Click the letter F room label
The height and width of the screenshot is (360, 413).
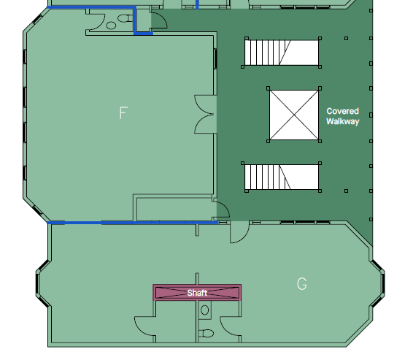(x=123, y=112)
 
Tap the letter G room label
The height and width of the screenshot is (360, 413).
(x=302, y=284)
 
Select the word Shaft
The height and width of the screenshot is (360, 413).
(x=197, y=293)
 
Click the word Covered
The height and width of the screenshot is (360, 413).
(x=342, y=111)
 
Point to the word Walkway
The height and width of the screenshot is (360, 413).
(x=343, y=121)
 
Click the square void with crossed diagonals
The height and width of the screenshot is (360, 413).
(x=294, y=115)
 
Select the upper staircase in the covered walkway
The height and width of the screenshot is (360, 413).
(x=282, y=53)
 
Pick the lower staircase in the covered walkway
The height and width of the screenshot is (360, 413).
(x=282, y=177)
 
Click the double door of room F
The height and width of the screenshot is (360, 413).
(x=205, y=115)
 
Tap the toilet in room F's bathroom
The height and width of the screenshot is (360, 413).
(x=126, y=18)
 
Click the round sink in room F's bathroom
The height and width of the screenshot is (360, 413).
(x=111, y=26)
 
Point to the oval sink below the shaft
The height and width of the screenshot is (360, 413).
(x=205, y=310)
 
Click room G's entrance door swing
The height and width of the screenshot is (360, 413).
(x=239, y=232)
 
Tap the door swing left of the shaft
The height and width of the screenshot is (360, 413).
(x=144, y=326)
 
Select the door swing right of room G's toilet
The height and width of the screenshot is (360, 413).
(x=230, y=326)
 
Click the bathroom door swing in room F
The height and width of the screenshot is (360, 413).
(x=97, y=22)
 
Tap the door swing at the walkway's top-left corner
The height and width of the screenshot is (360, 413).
(x=159, y=20)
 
